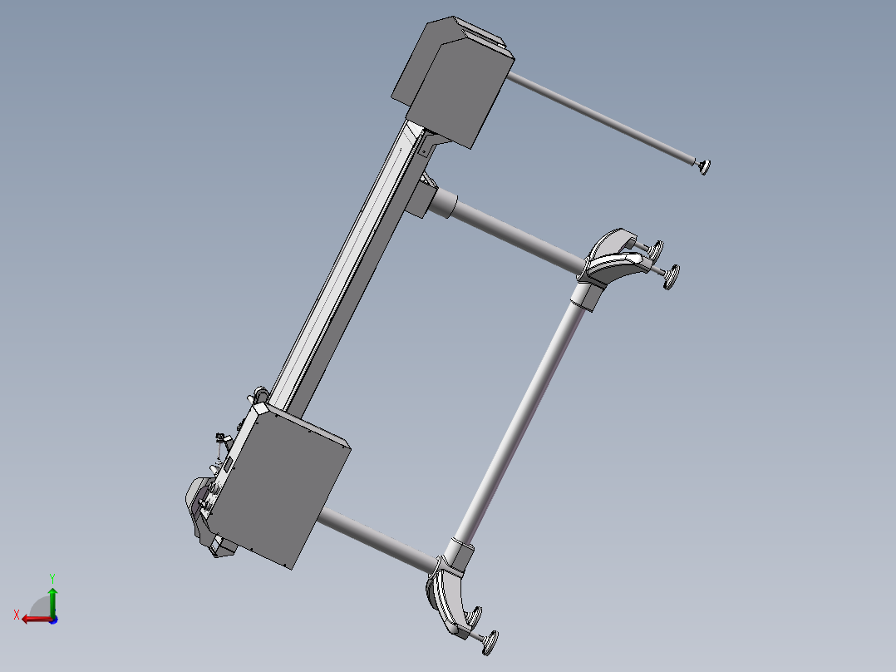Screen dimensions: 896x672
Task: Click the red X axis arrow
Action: [37, 619]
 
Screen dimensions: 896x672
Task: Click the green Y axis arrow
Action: [52, 602]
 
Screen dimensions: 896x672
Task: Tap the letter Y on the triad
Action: [52, 578]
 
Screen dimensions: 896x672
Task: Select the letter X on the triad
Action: [17, 615]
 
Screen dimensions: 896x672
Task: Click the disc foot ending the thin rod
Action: [705, 167]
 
